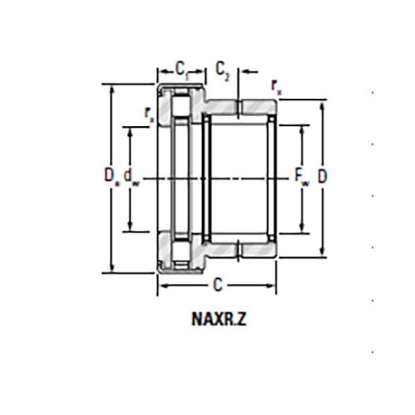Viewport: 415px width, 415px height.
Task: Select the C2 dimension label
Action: (x=223, y=69)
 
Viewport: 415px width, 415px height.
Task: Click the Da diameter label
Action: (x=111, y=177)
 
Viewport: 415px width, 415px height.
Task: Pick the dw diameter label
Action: (x=130, y=177)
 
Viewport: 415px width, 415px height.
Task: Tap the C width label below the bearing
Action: (x=217, y=286)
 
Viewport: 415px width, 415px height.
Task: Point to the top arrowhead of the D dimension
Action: (x=323, y=104)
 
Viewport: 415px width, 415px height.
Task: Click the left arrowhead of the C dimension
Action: (x=162, y=286)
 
